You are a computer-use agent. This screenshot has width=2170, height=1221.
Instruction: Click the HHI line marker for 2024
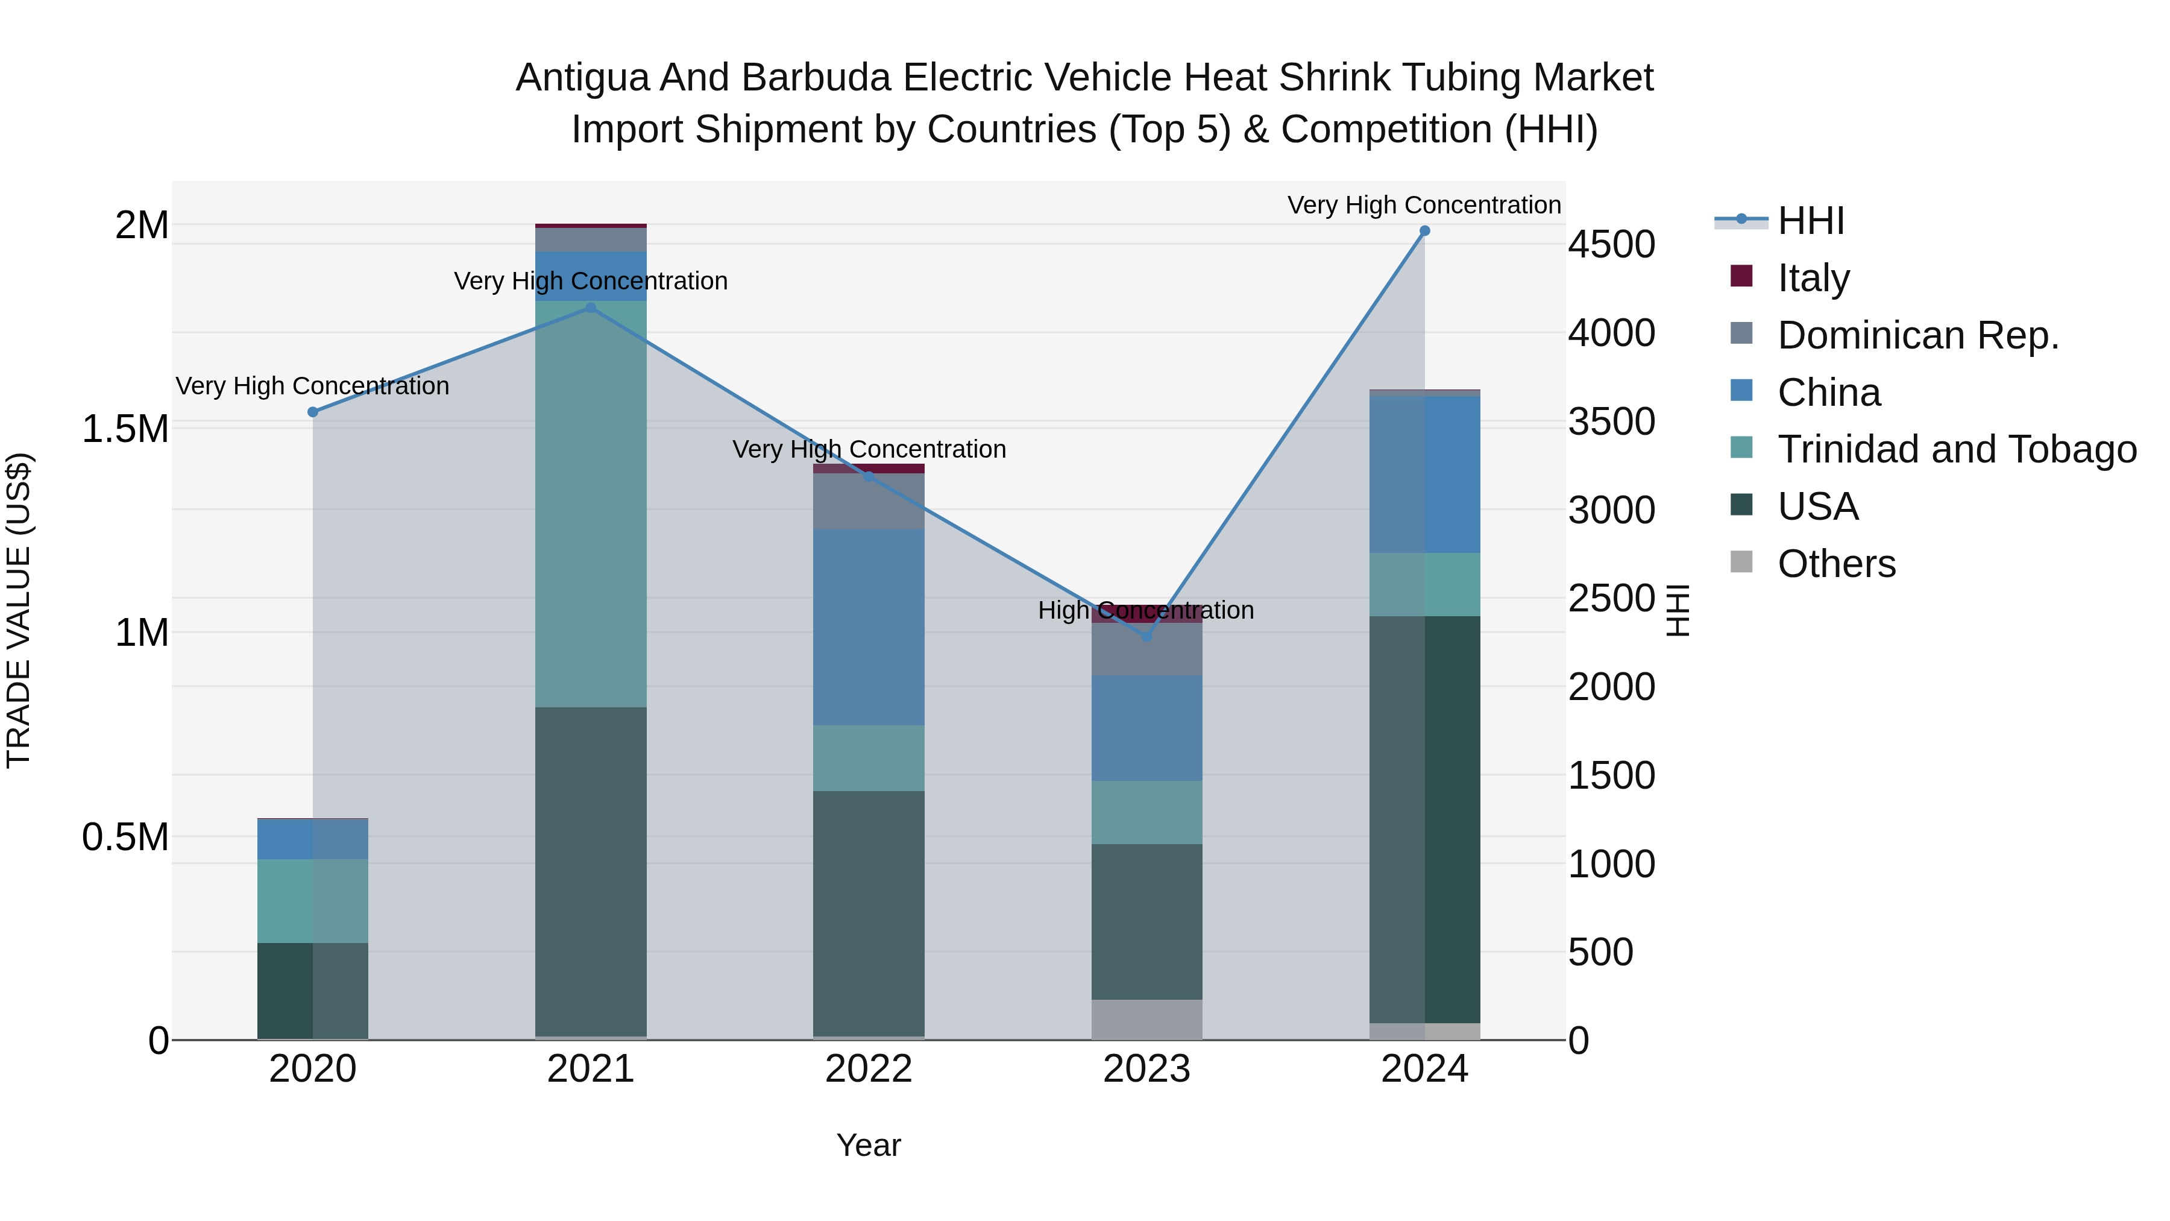[x=1424, y=231]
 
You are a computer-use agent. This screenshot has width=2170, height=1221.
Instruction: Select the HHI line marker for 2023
[x=1146, y=637]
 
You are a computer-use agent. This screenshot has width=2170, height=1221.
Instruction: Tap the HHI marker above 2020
[x=312, y=412]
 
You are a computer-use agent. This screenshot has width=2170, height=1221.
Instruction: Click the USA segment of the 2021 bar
[x=591, y=872]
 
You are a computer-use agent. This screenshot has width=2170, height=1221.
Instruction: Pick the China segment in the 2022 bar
[x=869, y=627]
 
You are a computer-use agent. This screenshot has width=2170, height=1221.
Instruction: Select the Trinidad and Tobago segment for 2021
[x=591, y=504]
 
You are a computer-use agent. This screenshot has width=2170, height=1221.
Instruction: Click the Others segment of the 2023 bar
[x=1146, y=1020]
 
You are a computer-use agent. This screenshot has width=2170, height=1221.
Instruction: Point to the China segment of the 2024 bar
[x=1424, y=475]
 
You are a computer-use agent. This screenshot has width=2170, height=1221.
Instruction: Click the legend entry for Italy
[x=1814, y=277]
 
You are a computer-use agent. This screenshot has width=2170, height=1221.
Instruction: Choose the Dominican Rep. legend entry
[x=1918, y=335]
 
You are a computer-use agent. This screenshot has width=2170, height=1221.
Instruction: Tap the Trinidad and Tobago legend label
[x=1957, y=449]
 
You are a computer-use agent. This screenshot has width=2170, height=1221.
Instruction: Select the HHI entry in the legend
[x=1811, y=221]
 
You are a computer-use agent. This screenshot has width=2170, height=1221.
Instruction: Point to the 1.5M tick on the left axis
[x=125, y=429]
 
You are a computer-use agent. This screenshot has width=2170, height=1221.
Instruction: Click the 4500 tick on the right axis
[x=1611, y=245]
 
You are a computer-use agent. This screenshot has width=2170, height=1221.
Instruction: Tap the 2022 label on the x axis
[x=869, y=1069]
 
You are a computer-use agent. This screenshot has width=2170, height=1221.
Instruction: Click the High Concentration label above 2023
[x=1146, y=610]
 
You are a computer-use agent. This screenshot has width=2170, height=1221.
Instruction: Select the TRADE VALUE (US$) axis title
[x=19, y=610]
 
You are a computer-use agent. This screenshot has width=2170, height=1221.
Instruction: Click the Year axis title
[x=869, y=1145]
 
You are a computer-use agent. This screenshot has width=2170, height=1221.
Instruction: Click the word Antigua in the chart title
[x=582, y=78]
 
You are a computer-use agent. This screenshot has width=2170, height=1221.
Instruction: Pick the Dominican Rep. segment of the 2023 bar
[x=1146, y=649]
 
